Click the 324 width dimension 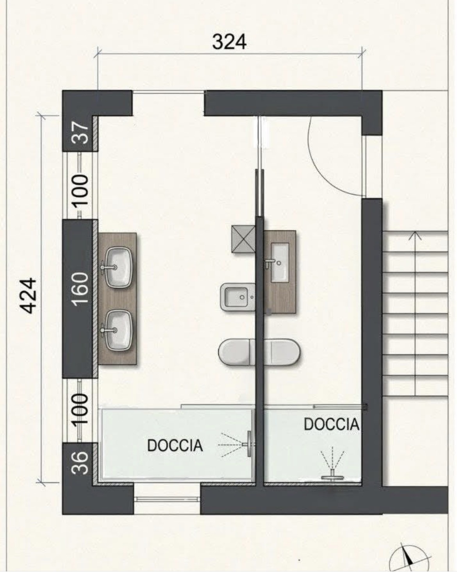pos(229,42)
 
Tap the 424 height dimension pos(28,296)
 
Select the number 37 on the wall pos(80,132)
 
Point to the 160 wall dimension pos(80,289)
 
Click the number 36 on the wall pos(80,462)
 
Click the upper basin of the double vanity pos(118,267)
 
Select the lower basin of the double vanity pos(118,330)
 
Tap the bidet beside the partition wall pos(238,297)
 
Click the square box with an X pos(243,239)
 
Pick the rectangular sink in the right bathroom pos(280,262)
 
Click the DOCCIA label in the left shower pos(175,445)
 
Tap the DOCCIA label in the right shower pos(331,424)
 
